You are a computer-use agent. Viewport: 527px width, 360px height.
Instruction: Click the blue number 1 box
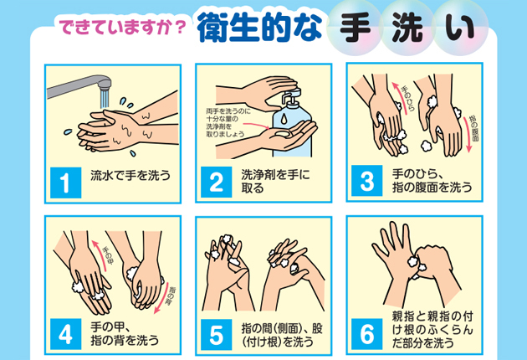tap(66, 183)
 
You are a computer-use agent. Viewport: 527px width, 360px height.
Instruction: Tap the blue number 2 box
tap(217, 182)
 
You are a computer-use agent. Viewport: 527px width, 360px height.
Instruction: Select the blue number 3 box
tap(367, 181)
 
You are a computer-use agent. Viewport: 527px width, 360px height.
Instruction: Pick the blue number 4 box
tap(66, 334)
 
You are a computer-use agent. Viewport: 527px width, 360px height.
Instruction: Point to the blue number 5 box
tap(217, 335)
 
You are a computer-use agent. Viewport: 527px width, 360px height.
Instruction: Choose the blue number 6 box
tap(367, 334)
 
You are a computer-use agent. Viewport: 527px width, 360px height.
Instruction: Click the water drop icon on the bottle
tap(284, 118)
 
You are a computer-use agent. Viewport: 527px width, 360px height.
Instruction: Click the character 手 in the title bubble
tap(355, 28)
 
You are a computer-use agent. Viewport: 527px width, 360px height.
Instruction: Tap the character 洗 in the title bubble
tap(407, 28)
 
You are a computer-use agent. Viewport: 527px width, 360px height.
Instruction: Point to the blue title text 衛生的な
tap(259, 28)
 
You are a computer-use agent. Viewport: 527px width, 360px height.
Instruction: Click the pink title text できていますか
tap(116, 27)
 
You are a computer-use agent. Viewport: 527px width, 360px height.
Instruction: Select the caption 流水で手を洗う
tap(130, 175)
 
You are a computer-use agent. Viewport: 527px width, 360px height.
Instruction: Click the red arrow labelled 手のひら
tap(399, 98)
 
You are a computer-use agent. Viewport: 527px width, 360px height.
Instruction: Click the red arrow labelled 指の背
tap(163, 299)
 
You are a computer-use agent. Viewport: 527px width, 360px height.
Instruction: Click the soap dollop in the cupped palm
tap(282, 134)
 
